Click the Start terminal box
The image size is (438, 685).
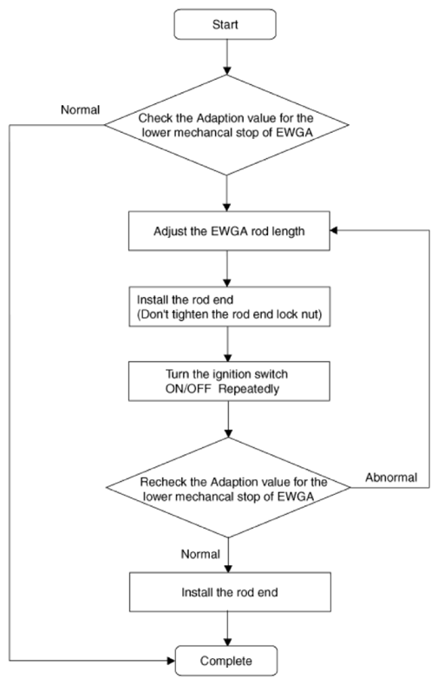[226, 24]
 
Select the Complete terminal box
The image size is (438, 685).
[226, 661]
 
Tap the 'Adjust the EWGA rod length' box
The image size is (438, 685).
[229, 231]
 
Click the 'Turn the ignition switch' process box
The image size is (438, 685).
[229, 381]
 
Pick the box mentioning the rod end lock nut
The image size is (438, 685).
[230, 306]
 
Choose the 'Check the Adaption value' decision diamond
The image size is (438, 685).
[226, 125]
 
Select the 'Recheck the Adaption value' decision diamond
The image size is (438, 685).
[228, 488]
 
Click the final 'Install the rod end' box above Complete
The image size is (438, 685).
[230, 592]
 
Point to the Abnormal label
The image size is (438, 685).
[391, 478]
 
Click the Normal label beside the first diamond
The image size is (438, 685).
[81, 109]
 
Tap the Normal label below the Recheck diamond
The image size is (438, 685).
[200, 555]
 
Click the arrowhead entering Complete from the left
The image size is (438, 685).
[171, 661]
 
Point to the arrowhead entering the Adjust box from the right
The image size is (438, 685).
[334, 231]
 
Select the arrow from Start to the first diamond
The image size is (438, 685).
[226, 57]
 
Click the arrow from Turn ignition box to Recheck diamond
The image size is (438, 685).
[228, 419]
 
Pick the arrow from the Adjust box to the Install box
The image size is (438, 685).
[227, 268]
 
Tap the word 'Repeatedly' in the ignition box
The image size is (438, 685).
[249, 389]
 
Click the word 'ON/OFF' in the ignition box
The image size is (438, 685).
[188, 389]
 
